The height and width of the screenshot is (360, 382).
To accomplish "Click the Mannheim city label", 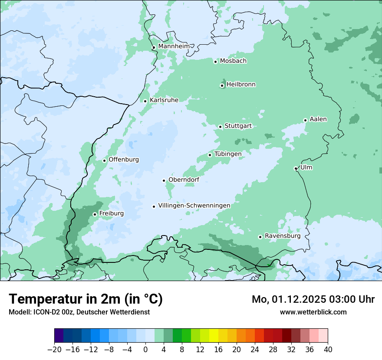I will click(x=174, y=46).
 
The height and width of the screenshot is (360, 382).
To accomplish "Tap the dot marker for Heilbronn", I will click(x=222, y=85).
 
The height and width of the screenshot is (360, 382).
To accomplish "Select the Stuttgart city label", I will click(x=238, y=126).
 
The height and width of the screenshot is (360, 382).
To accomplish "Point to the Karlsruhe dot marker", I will click(x=145, y=101).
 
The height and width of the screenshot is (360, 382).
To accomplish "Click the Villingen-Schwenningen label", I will click(x=194, y=206).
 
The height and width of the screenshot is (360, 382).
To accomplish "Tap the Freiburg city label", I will click(x=111, y=213).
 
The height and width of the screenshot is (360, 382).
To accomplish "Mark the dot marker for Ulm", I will click(x=296, y=168).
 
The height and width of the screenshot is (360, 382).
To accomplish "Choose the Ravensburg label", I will click(x=282, y=236).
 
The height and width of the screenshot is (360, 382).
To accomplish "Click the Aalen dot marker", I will click(x=305, y=120).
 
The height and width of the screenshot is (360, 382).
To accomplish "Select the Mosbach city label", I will click(x=233, y=61).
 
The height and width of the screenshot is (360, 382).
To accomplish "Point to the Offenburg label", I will click(x=124, y=160).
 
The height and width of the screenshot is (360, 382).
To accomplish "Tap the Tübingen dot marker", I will click(x=210, y=155).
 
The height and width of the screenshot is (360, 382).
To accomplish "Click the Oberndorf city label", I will click(x=184, y=180).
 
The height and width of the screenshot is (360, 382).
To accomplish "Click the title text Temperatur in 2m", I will click(x=65, y=299).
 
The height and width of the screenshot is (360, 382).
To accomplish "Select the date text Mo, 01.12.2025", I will click(x=286, y=299).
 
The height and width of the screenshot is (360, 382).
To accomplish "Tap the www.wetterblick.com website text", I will click(x=313, y=312).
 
